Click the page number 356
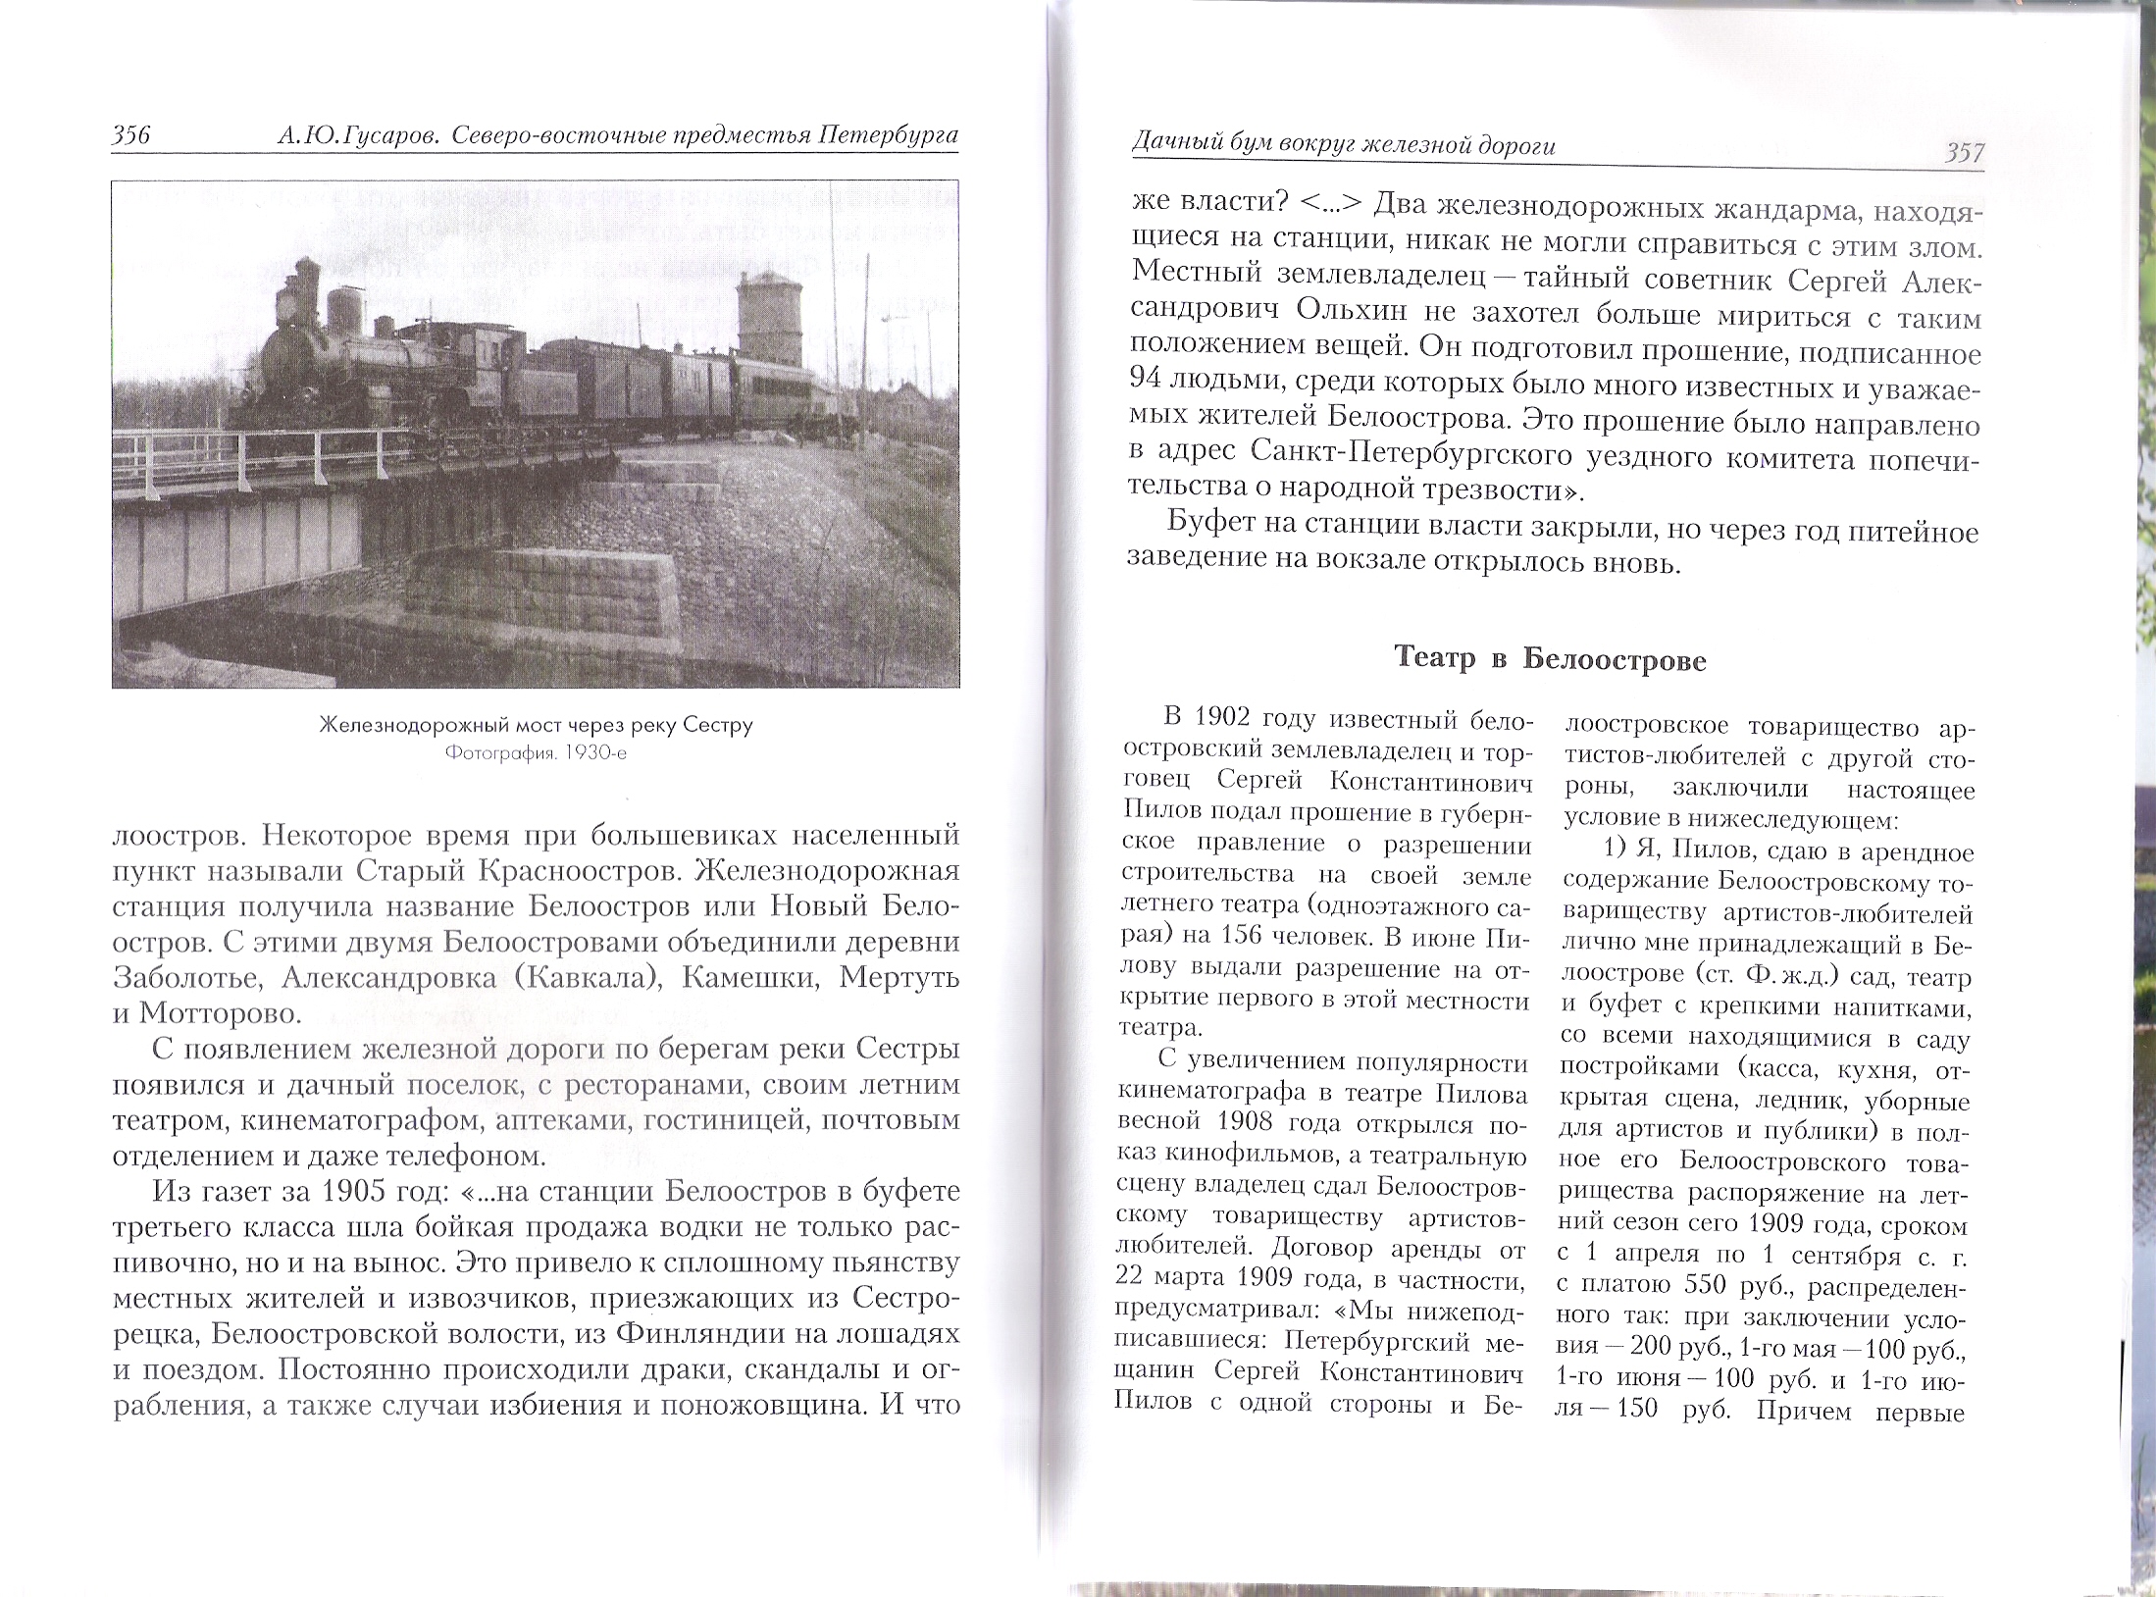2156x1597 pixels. pos(131,136)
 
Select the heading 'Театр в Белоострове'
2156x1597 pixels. pos(1550,660)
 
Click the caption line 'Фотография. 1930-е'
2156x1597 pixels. pos(535,754)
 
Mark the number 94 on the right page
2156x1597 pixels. pos(1150,386)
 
